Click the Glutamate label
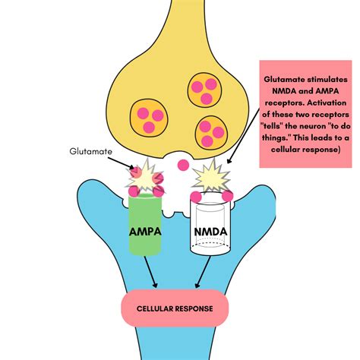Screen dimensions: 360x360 coord(90,151)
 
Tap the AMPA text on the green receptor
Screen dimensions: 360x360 coord(145,232)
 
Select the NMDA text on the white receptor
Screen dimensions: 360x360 coord(210,232)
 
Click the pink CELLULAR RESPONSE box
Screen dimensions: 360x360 coord(175,308)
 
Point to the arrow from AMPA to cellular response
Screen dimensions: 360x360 coord(151,272)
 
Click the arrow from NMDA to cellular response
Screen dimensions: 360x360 coord(203,272)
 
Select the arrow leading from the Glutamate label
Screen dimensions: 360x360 coord(121,163)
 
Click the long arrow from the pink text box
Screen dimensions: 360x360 coord(244,136)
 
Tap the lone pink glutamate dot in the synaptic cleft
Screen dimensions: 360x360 coord(183,166)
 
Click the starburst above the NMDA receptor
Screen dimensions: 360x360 coord(212,176)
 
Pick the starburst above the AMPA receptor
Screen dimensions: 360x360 coord(145,176)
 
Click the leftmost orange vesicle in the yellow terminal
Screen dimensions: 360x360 coord(149,118)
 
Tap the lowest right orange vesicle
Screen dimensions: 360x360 coord(211,132)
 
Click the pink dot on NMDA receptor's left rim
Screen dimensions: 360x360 coord(196,197)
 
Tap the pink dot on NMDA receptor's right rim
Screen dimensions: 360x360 coord(228,195)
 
